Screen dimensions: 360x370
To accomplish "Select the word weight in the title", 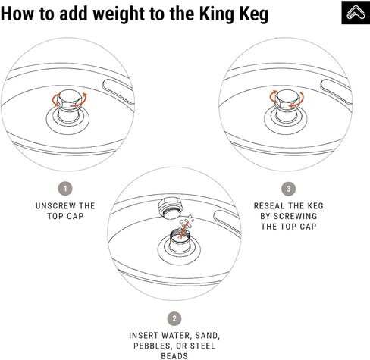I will tap(120, 14).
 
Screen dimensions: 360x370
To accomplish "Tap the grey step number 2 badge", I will tap(175, 318).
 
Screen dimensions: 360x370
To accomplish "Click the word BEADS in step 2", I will tap(175, 355).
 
